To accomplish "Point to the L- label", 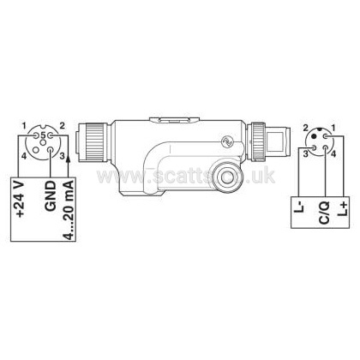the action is tap(298, 207).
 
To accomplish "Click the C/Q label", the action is tap(324, 213).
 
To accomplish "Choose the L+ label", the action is tap(343, 208).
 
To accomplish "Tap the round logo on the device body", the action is tap(228, 141).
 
